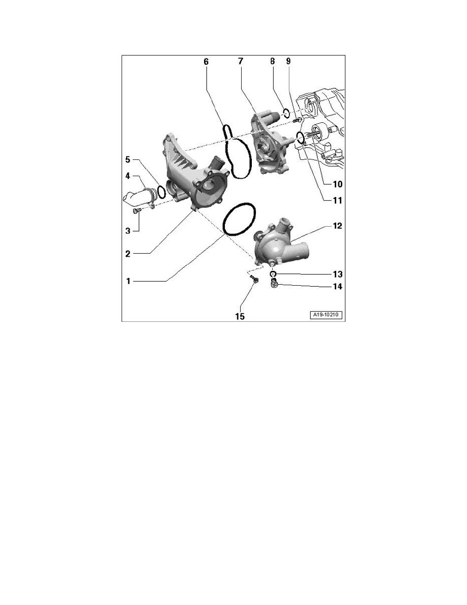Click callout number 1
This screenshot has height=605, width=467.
coord(129,281)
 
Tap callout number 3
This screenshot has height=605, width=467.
coord(129,230)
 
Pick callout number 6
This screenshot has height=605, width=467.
coord(206,61)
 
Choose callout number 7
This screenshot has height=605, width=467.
coord(241,61)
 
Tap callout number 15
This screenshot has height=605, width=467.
coord(239,316)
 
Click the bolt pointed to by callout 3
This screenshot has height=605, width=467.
coord(136,210)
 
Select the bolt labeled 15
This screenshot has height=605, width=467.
coord(253,279)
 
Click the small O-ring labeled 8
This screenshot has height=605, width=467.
coord(286,113)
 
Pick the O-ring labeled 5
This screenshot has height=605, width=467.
coord(161,193)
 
